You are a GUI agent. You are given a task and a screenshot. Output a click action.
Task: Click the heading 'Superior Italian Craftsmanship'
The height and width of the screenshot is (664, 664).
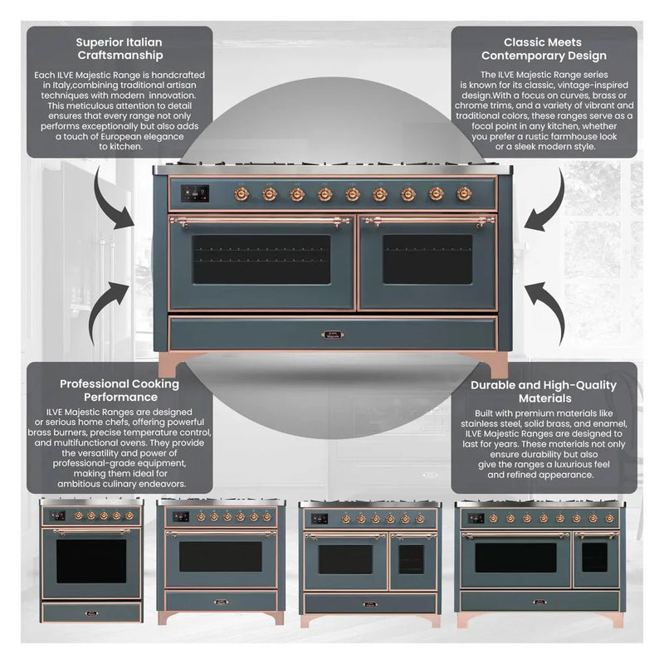click(119, 49)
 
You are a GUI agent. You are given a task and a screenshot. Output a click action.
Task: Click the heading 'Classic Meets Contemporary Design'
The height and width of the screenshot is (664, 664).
click(544, 49)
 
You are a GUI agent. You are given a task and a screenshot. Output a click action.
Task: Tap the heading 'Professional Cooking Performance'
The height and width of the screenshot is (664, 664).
click(119, 391)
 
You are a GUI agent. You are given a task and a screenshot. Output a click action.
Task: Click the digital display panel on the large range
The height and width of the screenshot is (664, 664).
click(194, 193)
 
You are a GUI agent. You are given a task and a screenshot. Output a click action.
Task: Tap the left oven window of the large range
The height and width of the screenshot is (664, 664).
click(261, 259)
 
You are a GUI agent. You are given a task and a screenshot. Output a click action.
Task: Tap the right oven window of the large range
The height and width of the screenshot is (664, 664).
click(427, 259)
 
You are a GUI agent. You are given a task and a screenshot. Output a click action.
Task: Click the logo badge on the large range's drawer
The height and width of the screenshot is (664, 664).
click(332, 334)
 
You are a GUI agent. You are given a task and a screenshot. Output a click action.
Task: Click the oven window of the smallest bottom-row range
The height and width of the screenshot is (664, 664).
click(91, 560)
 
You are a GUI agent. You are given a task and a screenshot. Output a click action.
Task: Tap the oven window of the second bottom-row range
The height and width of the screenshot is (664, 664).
click(220, 556)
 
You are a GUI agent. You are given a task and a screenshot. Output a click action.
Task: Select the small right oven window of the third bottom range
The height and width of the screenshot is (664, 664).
click(410, 559)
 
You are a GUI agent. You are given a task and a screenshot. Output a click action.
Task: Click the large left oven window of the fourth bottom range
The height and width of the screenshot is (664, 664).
click(515, 557)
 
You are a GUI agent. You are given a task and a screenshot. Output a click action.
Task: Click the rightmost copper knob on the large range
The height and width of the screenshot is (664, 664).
click(464, 193)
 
